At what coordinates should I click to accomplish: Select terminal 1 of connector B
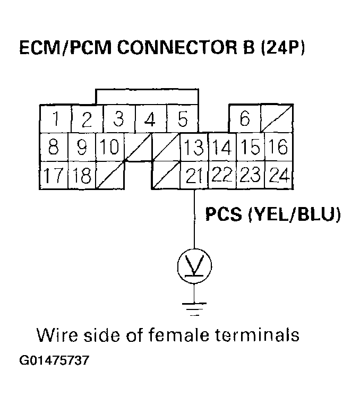click(55, 119)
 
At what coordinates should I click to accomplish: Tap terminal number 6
click(244, 119)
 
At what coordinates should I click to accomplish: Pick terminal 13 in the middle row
click(193, 147)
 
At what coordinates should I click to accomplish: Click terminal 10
click(109, 147)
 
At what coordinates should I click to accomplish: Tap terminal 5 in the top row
click(182, 119)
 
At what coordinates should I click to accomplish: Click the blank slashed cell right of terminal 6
click(276, 119)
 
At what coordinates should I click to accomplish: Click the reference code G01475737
click(54, 361)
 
